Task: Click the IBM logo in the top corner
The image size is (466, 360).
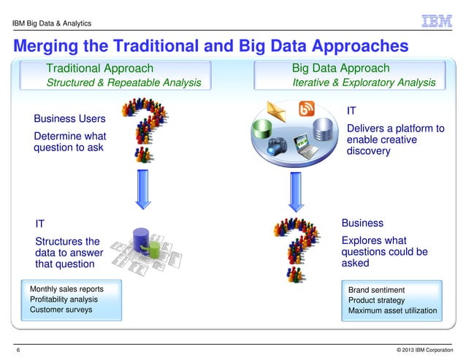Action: click(437, 21)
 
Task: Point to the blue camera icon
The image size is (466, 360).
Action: click(278, 145)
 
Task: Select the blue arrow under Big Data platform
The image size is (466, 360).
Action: click(295, 191)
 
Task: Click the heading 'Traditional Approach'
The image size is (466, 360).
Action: click(99, 69)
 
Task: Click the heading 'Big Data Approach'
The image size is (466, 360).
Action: click(340, 69)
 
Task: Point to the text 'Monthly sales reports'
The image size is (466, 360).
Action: click(66, 289)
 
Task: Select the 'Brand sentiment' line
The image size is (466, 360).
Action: click(376, 290)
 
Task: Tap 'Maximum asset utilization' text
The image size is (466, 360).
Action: click(392, 311)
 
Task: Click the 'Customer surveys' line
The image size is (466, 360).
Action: click(61, 310)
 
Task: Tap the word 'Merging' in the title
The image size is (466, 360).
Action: click(47, 46)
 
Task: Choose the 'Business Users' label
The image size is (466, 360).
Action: click(69, 119)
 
